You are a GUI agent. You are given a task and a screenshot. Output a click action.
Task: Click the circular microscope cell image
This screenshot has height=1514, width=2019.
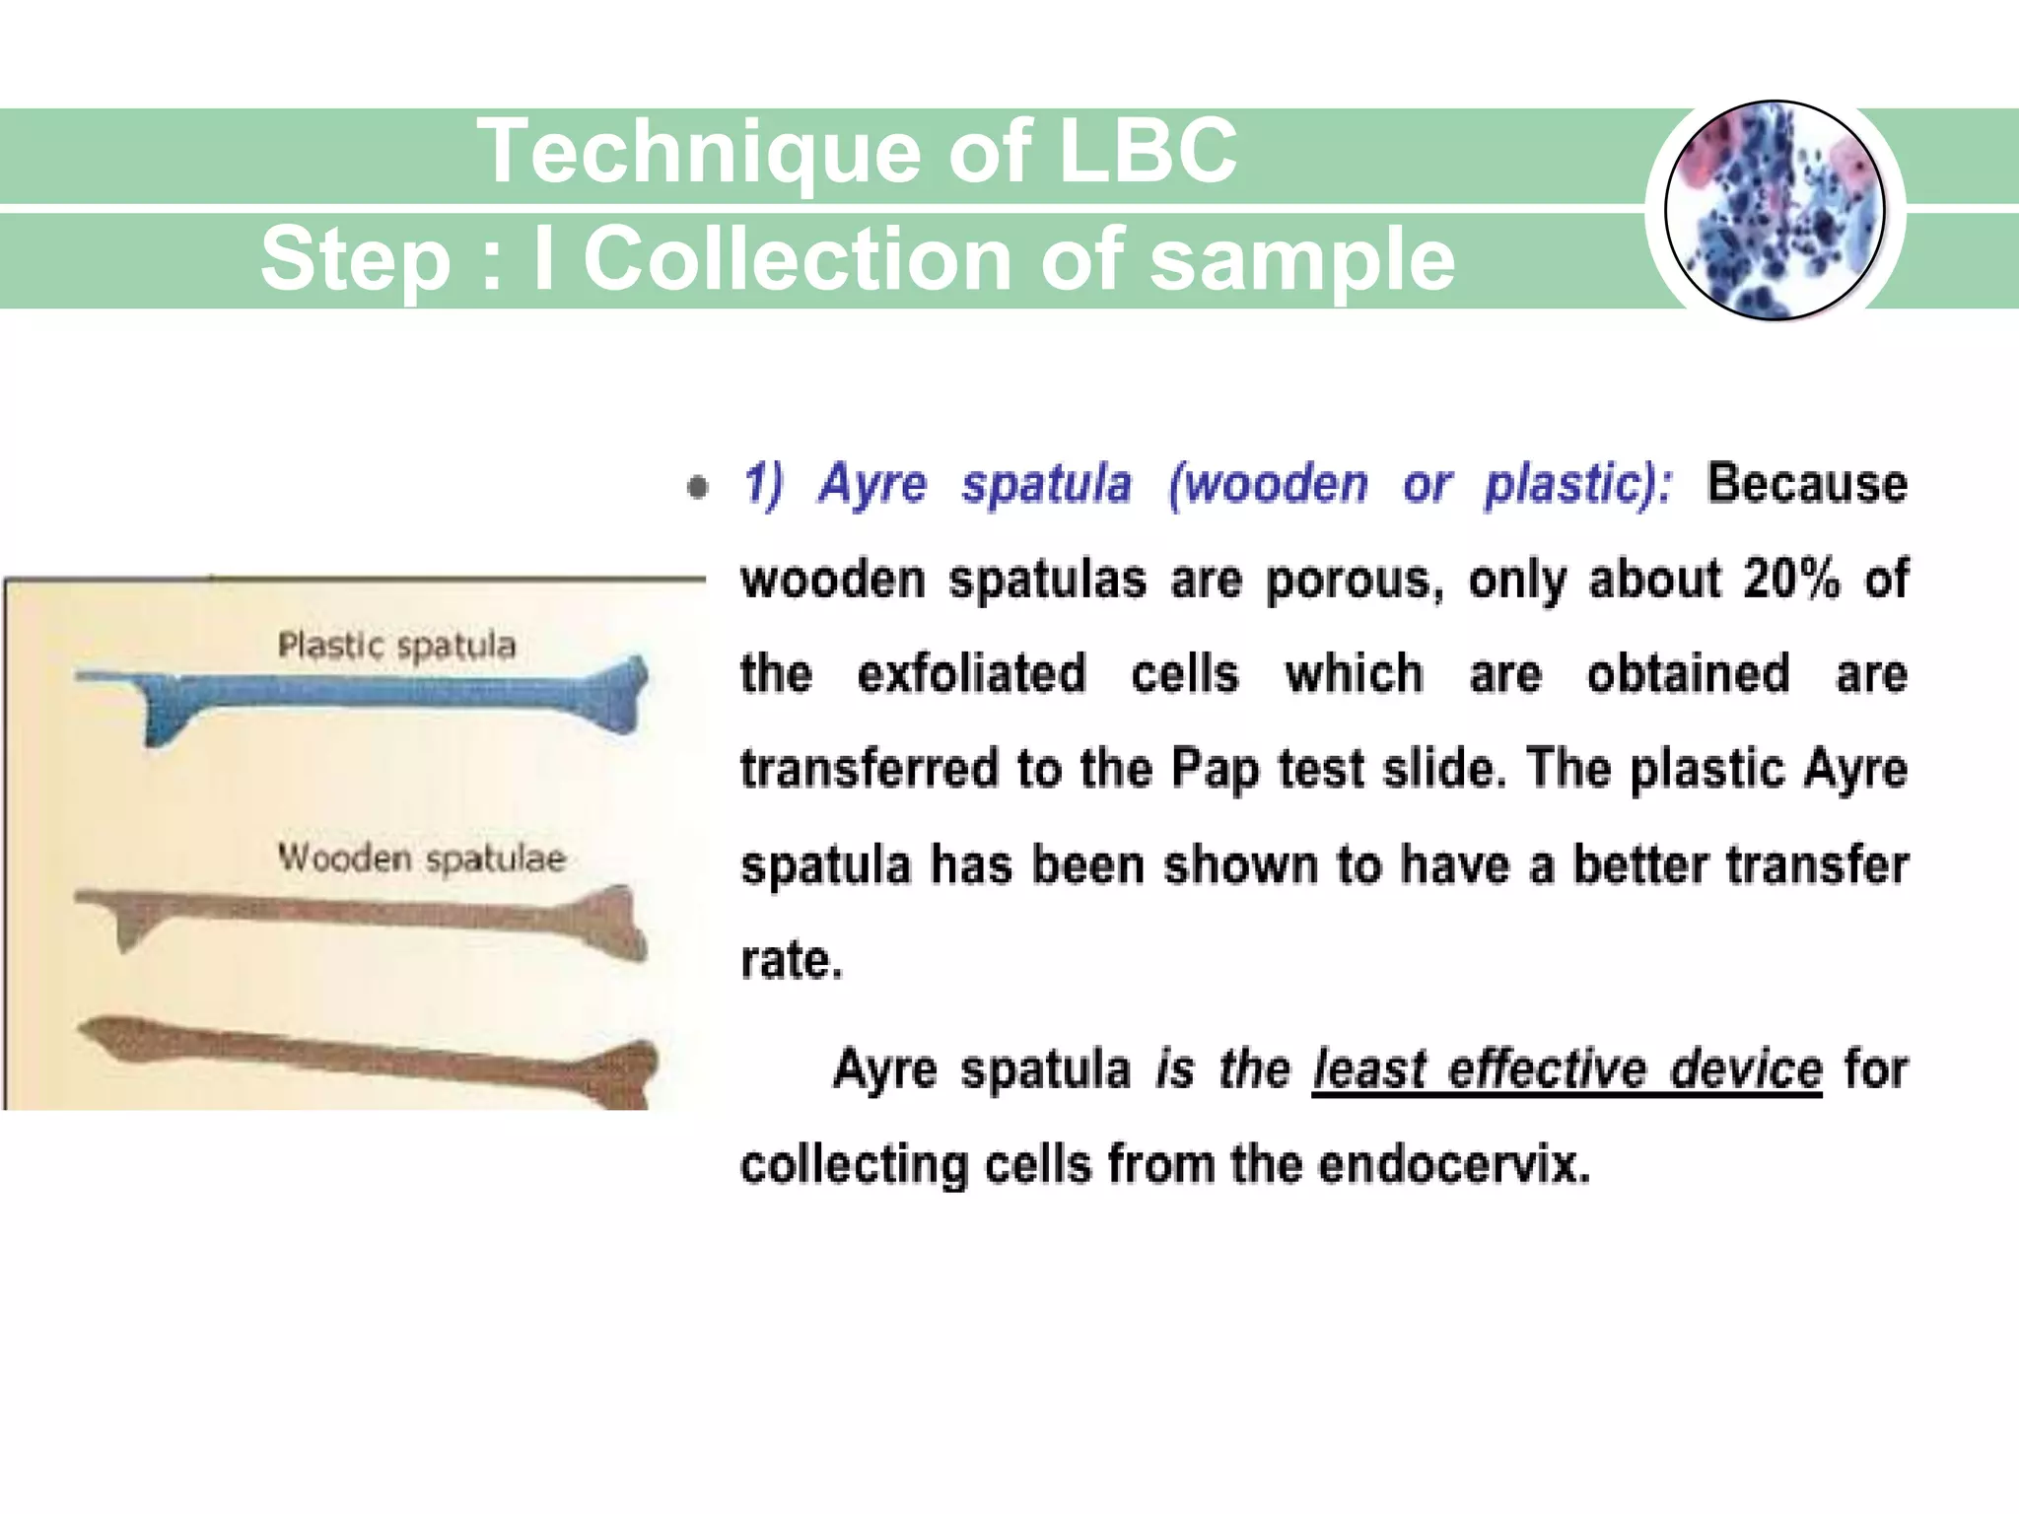point(1775,211)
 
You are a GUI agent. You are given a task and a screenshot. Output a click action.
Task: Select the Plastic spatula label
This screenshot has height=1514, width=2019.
point(396,646)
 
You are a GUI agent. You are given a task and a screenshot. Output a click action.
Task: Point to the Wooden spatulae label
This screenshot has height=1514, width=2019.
point(421,858)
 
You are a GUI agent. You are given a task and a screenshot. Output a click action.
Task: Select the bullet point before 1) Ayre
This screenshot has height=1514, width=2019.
point(697,487)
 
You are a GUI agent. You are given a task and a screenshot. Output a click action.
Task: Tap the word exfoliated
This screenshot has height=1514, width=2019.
point(971,674)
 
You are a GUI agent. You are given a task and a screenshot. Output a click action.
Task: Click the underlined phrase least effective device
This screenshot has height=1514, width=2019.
point(1566,1069)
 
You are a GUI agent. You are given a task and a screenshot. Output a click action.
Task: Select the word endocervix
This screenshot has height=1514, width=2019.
point(1453,1165)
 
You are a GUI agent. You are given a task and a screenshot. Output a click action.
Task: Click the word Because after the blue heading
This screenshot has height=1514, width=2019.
point(1806,484)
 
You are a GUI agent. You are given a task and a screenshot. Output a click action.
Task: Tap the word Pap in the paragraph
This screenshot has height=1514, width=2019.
point(1214,769)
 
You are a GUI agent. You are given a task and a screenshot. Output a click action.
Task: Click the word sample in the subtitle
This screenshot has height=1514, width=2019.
point(1301,259)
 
